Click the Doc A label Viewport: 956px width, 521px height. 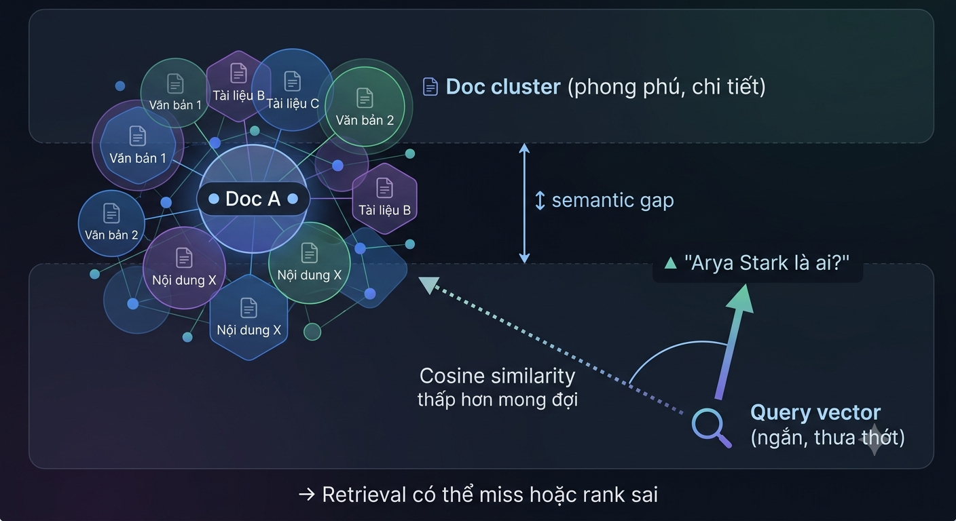pyautogui.click(x=253, y=199)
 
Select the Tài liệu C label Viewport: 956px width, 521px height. pyautogui.click(x=293, y=104)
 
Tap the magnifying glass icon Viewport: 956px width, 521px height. pyautogui.click(x=711, y=427)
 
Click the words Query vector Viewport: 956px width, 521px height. pyautogui.click(x=815, y=412)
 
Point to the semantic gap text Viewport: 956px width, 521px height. pyautogui.click(x=613, y=200)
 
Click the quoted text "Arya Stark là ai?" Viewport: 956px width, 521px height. pyautogui.click(x=767, y=263)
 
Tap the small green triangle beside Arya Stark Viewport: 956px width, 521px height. pyautogui.click(x=670, y=263)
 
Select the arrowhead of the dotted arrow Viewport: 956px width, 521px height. pyautogui.click(x=428, y=285)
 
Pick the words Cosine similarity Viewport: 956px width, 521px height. pyautogui.click(x=497, y=376)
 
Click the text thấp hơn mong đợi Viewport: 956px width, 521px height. pyautogui.click(x=497, y=400)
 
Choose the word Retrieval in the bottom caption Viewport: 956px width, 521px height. pyautogui.click(x=364, y=495)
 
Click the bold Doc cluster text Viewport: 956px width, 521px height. pyautogui.click(x=503, y=87)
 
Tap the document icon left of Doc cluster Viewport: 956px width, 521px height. pyautogui.click(x=430, y=87)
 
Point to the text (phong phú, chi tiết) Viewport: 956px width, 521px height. pyautogui.click(x=666, y=88)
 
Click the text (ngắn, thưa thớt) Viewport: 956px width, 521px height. pyautogui.click(x=828, y=438)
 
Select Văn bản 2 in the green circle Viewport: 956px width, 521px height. pyautogui.click(x=365, y=120)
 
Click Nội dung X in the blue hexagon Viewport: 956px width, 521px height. pyautogui.click(x=249, y=330)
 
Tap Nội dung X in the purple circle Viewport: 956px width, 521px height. pyautogui.click(x=184, y=280)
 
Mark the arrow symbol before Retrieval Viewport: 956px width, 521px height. pyautogui.click(x=307, y=495)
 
